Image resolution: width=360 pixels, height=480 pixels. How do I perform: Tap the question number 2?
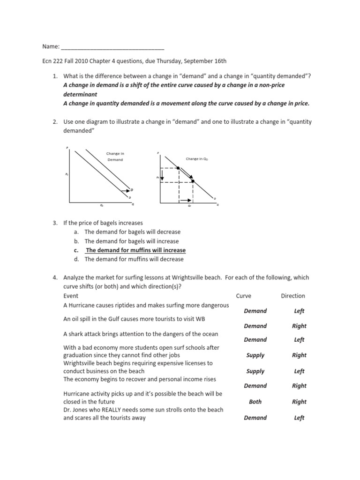coord(55,122)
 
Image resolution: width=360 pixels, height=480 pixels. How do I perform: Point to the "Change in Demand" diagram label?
coord(115,157)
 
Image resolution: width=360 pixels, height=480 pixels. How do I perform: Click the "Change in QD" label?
coord(197,159)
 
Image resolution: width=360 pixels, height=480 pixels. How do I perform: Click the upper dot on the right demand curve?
coord(179,168)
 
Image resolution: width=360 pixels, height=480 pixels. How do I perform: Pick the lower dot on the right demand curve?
coord(193,181)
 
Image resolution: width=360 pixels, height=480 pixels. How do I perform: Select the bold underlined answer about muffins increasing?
coord(135,250)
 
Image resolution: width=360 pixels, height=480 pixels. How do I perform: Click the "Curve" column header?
coord(244,296)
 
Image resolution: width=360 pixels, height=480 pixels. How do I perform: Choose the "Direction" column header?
coord(293,296)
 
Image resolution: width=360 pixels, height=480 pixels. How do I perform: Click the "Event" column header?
coord(71,296)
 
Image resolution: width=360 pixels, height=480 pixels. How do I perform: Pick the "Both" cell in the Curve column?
coord(255,402)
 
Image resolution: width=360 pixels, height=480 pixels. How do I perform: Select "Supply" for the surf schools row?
coord(255,355)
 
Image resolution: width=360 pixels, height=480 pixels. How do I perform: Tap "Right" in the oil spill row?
coord(299,326)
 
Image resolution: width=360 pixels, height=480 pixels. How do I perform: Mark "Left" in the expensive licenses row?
coord(299,371)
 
